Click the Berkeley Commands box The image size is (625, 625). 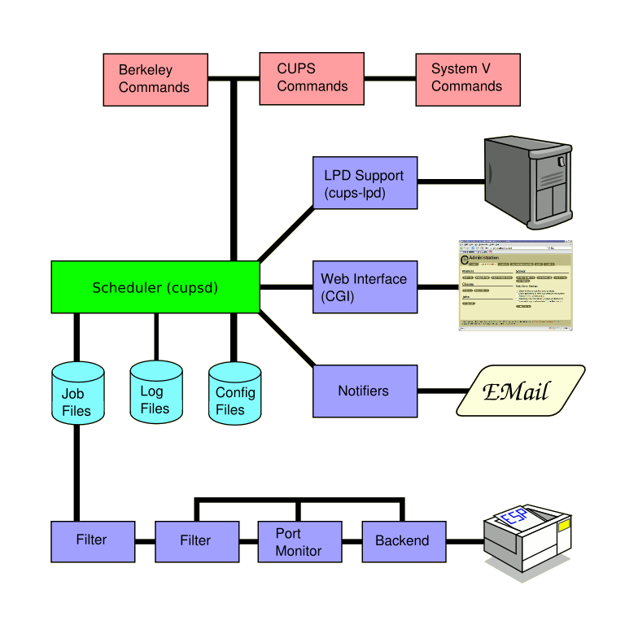pos(155,79)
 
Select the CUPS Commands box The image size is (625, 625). pos(312,78)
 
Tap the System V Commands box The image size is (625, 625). pos(467,79)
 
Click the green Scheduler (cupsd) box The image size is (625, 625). pos(155,286)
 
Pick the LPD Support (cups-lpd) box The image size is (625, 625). pos(365,183)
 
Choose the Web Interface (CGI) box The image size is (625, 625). pos(365,287)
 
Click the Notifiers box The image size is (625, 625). pos(365,391)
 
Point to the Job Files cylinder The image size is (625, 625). pos(77,395)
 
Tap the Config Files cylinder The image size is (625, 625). pos(234,395)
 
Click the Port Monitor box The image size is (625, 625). pos(299,541)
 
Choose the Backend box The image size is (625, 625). pos(402,541)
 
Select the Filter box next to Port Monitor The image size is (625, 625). pos(195,541)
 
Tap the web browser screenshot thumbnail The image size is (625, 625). pos(516,286)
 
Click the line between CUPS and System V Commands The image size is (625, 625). pos(389,79)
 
